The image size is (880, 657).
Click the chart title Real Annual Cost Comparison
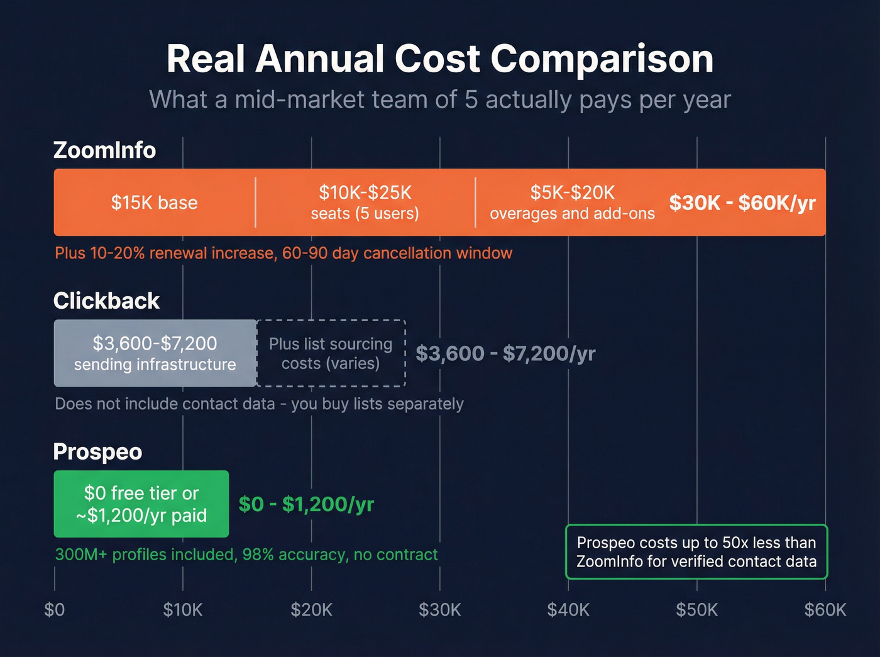point(439,59)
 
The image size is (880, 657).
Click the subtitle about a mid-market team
point(439,100)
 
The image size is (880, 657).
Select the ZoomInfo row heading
point(104,150)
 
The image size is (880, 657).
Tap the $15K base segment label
point(154,202)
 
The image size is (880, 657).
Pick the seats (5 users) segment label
point(365,213)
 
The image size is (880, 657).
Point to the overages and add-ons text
point(572,214)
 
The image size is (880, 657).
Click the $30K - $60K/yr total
point(742,202)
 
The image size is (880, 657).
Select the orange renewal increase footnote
point(283,253)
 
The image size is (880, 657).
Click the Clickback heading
point(106,301)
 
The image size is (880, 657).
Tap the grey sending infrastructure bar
point(155,353)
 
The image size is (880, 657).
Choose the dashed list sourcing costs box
point(331,353)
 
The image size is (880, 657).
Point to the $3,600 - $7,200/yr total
point(505,353)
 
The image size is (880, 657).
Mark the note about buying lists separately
point(259,404)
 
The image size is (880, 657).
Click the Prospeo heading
point(97,452)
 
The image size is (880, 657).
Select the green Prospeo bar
point(141,504)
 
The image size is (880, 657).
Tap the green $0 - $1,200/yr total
point(306,504)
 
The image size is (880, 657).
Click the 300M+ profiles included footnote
point(246,555)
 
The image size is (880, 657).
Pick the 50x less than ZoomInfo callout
point(696,552)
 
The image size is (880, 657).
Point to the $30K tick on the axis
point(440,610)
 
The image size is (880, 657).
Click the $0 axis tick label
point(55,610)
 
